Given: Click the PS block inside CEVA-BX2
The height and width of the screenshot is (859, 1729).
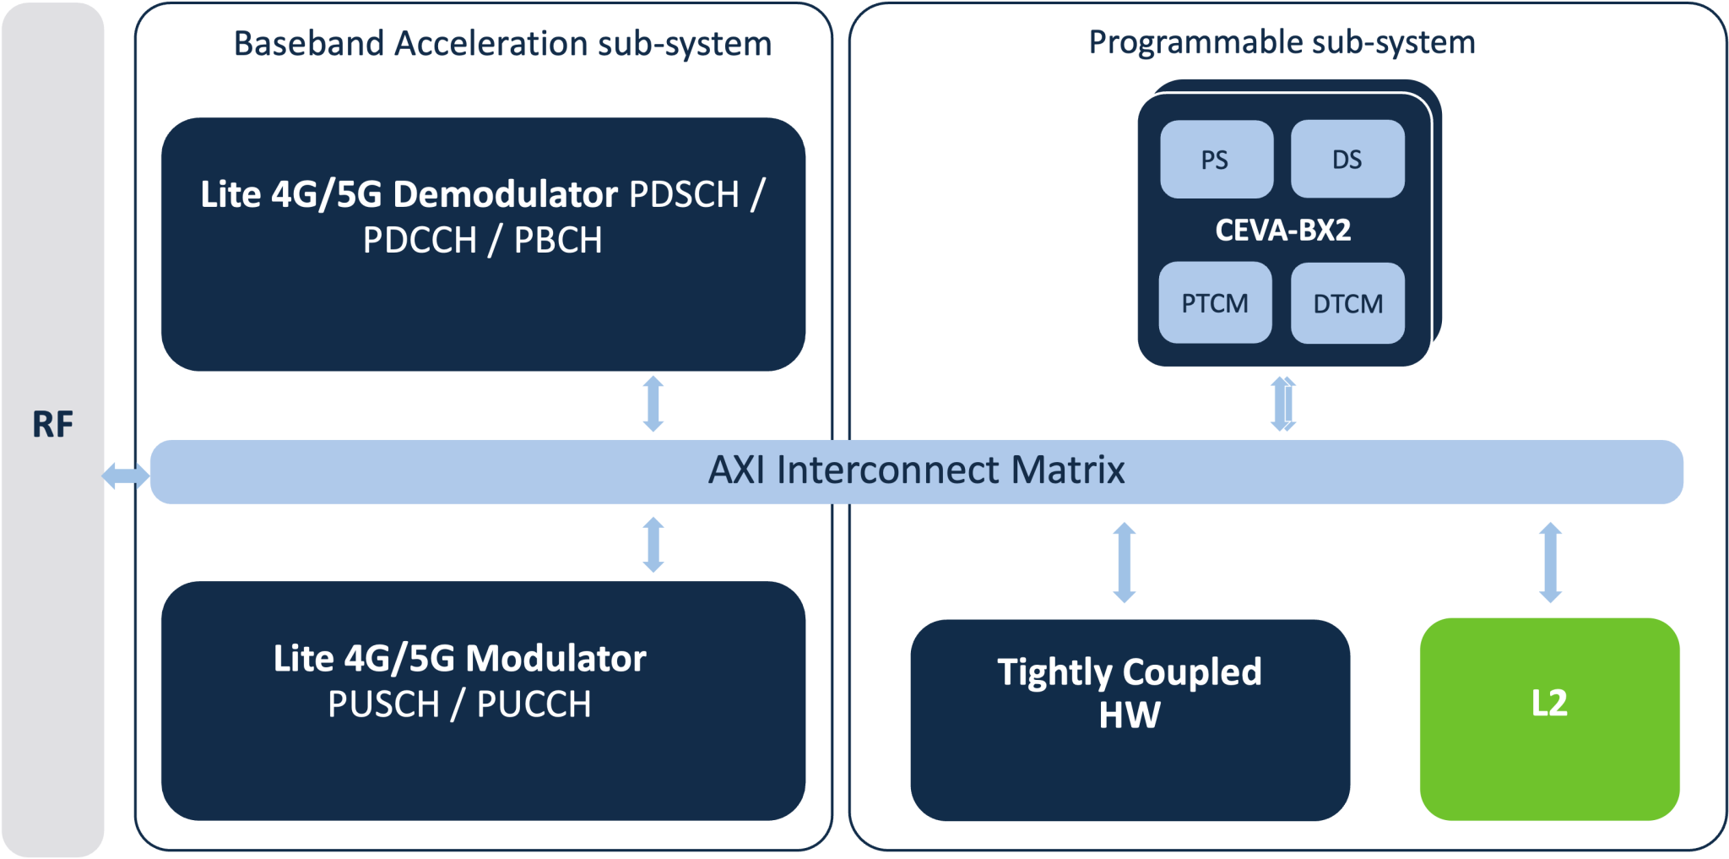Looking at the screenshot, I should tap(1216, 160).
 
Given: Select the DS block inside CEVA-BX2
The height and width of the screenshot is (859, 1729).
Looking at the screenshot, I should tap(1347, 160).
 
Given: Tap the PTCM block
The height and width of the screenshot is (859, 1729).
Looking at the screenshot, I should tap(1215, 303).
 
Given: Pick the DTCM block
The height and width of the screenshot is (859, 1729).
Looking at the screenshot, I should tap(1347, 303).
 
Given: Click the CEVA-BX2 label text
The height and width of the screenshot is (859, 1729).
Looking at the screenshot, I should tap(1282, 230).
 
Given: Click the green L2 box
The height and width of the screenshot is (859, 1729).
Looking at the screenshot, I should tap(1549, 719).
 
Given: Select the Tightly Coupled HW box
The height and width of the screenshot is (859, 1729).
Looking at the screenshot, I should tap(1130, 719).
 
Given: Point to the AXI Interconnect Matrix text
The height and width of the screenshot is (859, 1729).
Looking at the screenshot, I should tap(916, 470).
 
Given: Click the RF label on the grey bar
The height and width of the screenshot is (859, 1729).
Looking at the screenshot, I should tap(52, 424).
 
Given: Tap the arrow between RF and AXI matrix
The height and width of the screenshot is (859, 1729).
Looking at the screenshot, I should tap(126, 476).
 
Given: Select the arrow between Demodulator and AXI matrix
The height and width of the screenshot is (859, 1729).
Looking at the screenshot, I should tap(653, 404).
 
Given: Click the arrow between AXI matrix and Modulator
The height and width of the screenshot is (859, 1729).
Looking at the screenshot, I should tap(653, 545).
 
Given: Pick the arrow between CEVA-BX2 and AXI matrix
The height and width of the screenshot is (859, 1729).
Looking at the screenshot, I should tap(1283, 404).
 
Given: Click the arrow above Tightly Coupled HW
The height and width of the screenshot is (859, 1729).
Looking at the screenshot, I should tap(1124, 563).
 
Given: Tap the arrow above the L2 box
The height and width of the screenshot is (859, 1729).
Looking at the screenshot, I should tap(1550, 563).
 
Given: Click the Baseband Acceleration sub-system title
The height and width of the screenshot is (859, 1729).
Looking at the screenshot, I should tap(502, 43).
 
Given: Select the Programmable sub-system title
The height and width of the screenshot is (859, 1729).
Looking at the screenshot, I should tap(1282, 42).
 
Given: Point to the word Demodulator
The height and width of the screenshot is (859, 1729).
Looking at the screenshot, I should tap(506, 194).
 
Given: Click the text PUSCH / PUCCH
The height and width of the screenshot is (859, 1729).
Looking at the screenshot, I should tap(459, 704).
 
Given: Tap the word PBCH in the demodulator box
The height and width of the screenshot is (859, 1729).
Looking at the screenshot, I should tap(558, 241).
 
